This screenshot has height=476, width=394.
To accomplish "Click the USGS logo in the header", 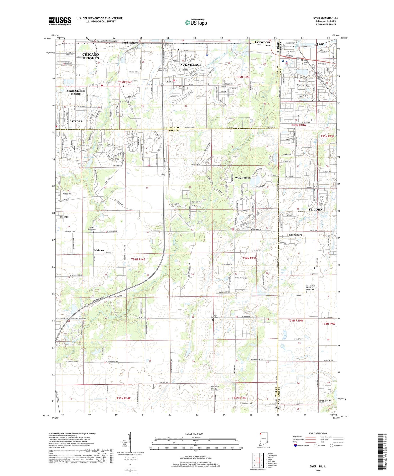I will (60, 21).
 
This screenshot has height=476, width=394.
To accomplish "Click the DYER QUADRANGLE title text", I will (325, 18).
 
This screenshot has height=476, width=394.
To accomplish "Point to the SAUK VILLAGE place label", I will (190, 65).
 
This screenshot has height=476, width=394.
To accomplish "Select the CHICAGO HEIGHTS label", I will (91, 56).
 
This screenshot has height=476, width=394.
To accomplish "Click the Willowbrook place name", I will (243, 178).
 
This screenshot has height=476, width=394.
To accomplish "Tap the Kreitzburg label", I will (295, 235).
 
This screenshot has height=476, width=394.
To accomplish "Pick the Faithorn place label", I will (98, 250).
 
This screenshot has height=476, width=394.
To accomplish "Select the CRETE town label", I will (64, 217).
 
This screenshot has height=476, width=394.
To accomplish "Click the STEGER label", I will (77, 121).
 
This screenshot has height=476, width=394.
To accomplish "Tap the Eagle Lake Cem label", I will (213, 316).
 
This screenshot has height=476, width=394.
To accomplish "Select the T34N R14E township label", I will (138, 259).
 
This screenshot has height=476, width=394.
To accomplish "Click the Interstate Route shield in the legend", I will (295, 446).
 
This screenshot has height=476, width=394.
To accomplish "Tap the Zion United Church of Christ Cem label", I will (310, 288).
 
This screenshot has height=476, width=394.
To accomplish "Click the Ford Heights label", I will (130, 43).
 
